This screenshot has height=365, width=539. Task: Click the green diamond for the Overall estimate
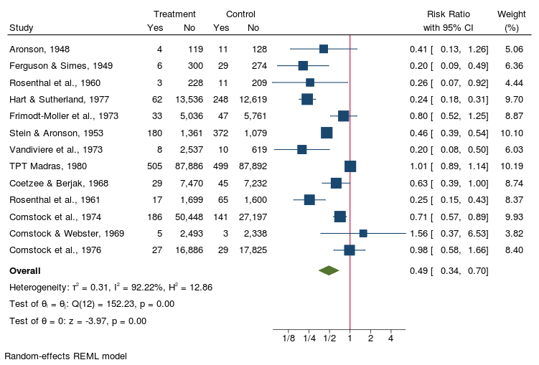point(329,270)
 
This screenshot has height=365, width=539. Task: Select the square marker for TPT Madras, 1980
point(350,166)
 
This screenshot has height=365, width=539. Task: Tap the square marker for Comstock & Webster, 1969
point(363,233)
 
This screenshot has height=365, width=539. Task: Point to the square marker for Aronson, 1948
point(324,49)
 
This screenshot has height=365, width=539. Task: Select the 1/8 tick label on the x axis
point(289,338)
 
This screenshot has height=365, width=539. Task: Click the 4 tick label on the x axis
point(390,338)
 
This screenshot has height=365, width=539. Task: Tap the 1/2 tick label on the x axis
point(329,338)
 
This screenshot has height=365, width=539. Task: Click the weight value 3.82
point(514,233)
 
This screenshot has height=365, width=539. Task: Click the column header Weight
point(511,14)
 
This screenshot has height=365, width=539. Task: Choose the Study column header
point(21,28)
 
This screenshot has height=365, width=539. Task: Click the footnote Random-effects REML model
point(65,355)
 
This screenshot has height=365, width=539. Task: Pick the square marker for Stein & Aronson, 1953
point(327,133)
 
